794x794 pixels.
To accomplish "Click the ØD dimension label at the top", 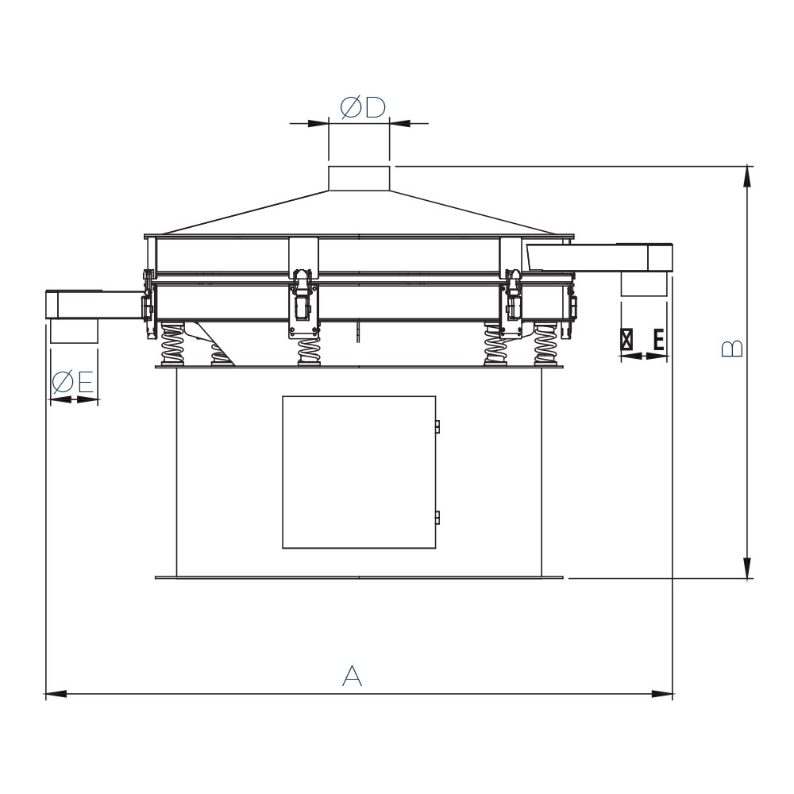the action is coord(363,107).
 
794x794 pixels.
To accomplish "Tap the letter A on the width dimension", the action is coord(352,676).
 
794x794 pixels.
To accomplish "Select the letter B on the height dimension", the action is coord(732,349).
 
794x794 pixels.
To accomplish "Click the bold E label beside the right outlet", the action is coord(658,339).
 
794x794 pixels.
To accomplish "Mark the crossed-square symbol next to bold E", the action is coord(627,339).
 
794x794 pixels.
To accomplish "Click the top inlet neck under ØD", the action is coord(359,178).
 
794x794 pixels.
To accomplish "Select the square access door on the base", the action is coord(359,472).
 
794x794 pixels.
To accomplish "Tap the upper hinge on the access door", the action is coord(437,426).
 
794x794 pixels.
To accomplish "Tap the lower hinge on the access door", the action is coord(437,518).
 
